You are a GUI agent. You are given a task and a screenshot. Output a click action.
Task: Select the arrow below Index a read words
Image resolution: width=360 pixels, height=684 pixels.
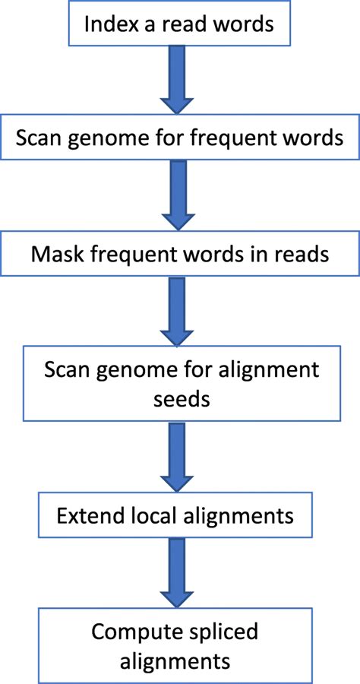pyautogui.click(x=180, y=77)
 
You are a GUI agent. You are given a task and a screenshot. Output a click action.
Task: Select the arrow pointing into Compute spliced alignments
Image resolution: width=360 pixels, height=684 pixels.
pyautogui.click(x=180, y=570)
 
